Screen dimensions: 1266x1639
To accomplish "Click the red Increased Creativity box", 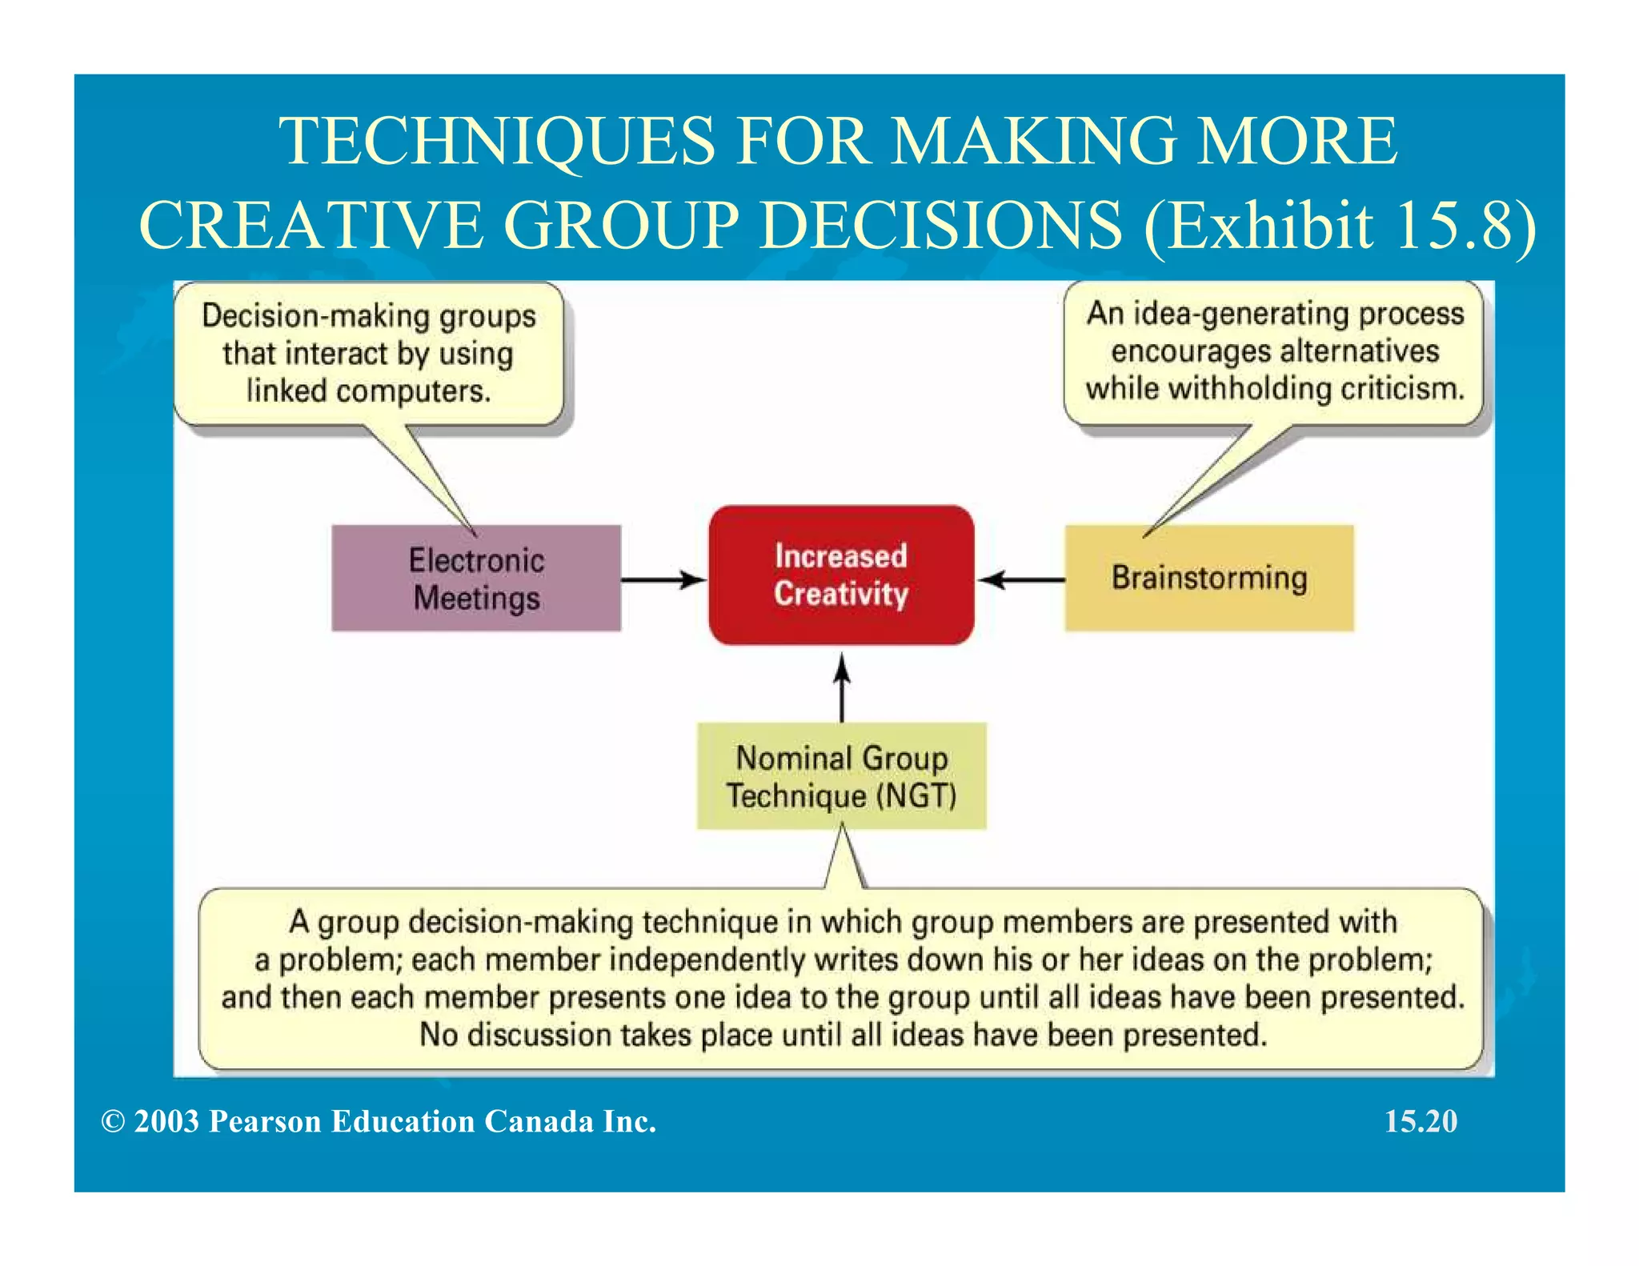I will (841, 575).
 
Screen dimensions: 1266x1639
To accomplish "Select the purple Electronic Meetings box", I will (476, 578).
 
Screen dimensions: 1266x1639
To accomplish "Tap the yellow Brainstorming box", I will (1208, 578).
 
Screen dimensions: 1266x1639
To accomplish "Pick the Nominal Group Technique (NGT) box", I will (841, 775).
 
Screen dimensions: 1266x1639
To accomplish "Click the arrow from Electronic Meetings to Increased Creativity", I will (663, 579).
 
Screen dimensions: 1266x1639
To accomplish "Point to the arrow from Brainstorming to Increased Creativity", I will (1020, 579).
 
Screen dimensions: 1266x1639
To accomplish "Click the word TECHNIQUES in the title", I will (496, 141).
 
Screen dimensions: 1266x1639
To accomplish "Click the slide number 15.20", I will (1421, 1121).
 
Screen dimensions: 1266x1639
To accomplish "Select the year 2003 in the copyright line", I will (166, 1121).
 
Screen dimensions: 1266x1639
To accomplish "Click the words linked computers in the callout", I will (368, 391).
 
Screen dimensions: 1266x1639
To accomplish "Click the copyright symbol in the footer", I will (113, 1122).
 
